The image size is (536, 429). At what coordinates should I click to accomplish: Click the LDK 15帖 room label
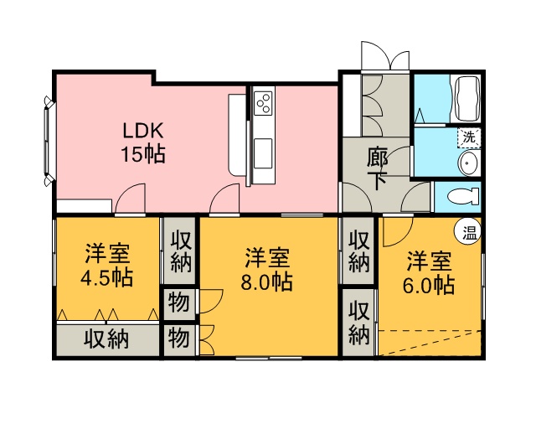point(143,142)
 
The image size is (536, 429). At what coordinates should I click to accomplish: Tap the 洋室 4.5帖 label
point(106,265)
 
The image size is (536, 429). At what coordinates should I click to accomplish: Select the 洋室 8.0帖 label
point(267,269)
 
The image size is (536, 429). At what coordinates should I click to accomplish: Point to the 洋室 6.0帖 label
point(429,272)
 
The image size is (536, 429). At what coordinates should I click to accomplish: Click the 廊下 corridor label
point(377,168)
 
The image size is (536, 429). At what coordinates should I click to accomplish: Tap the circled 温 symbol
point(469,235)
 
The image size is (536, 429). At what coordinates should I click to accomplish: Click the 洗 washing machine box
point(469,138)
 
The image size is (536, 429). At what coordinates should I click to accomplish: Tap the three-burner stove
point(264,103)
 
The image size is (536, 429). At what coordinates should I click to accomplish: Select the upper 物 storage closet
point(178,303)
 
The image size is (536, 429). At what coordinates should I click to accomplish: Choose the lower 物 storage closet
point(178,339)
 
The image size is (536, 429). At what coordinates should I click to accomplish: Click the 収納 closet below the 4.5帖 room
point(107,339)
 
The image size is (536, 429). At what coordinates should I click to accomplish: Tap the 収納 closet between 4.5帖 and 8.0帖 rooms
point(179,251)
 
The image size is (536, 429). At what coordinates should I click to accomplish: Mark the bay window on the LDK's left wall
point(49,142)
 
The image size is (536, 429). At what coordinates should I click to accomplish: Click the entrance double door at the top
point(385,57)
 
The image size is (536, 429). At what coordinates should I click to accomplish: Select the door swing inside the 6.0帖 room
point(398,231)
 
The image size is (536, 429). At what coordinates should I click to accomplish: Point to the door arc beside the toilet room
point(415,198)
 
